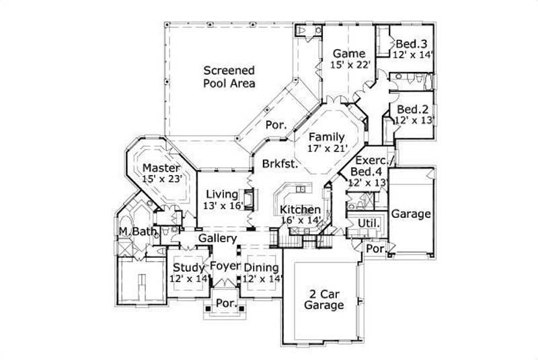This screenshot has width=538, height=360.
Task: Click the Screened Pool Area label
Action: pos(229,77)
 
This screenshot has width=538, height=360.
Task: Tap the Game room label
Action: pos(348,53)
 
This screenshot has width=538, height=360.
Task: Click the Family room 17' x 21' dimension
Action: pos(325,148)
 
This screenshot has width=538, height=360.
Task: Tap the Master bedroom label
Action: pos(159,168)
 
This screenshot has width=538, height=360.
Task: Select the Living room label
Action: pos(222,194)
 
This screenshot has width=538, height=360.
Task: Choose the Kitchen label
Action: pos(300,209)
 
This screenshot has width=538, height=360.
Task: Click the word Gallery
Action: pos(217,238)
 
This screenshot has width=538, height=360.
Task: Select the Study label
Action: pos(188,267)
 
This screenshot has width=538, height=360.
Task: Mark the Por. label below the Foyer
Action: pos(225,303)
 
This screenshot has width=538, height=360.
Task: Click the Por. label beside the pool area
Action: pos(276,124)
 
